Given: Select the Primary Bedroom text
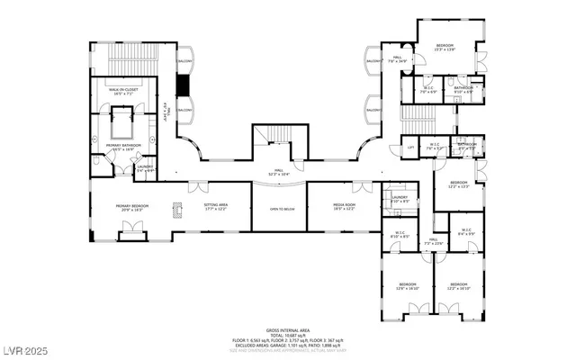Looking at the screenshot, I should tap(131, 207).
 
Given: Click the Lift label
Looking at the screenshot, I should tap(409, 148).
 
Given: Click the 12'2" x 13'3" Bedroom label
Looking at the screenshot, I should tap(447, 184).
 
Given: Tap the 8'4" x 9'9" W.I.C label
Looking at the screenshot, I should tap(465, 231).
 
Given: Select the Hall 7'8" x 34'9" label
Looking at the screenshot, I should tap(397, 61).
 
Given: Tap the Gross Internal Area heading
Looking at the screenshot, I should tap(287, 330).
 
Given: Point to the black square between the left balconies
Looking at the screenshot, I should tap(184, 84).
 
